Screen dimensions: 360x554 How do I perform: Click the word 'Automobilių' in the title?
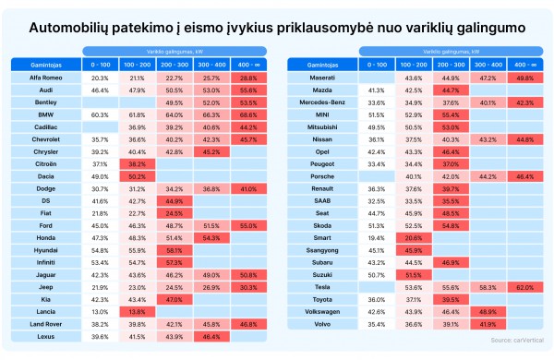(78, 30)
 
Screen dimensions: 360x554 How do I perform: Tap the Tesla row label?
(322, 287)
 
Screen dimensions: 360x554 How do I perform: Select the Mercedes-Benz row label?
(322, 102)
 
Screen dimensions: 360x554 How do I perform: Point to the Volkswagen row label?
(322, 312)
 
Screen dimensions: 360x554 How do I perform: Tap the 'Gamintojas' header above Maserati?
(322, 66)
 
